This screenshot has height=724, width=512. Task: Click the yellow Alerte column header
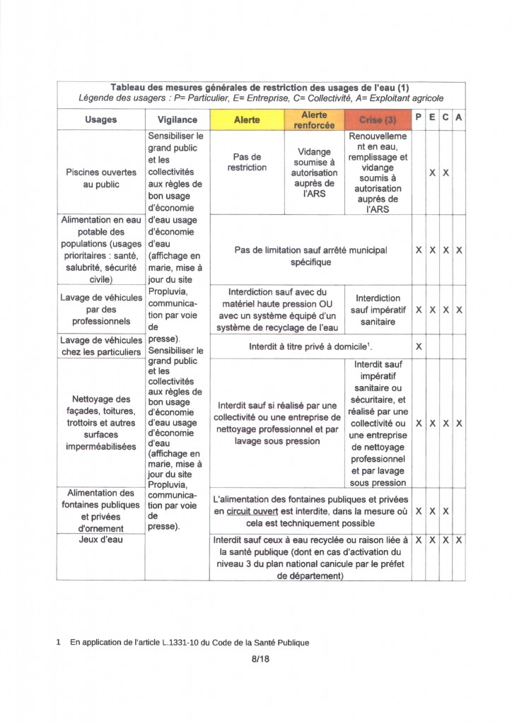point(247,119)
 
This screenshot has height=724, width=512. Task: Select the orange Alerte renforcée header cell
point(314,119)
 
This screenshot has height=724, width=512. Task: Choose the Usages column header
point(100,119)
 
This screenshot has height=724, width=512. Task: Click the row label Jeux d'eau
point(101,540)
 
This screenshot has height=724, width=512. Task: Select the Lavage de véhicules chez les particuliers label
point(101,346)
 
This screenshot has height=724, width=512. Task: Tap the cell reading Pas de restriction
point(247,163)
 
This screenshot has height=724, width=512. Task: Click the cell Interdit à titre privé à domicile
point(310,346)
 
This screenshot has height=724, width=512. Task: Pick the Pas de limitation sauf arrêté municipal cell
point(310,256)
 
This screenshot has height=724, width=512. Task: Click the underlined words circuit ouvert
point(255,510)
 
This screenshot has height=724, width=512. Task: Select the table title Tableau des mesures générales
point(260,86)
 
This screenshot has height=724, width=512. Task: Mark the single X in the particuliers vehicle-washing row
point(419,346)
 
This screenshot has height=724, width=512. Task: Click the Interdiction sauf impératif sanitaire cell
point(378,310)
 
